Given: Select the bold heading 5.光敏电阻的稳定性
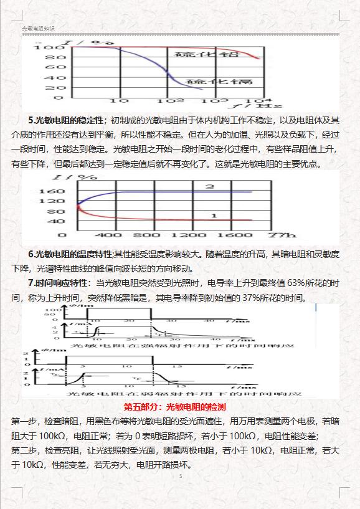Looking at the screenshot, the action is point(67,120).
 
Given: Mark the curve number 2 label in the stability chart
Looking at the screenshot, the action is point(210,186).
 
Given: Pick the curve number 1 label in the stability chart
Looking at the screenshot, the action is point(214,215).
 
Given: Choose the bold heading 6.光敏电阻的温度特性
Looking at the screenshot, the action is point(70,254).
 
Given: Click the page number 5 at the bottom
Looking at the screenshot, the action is point(180,477).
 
